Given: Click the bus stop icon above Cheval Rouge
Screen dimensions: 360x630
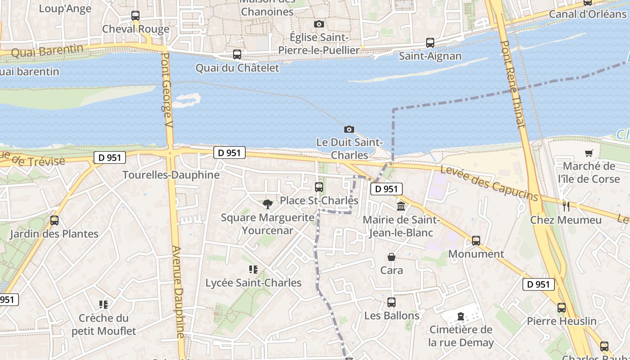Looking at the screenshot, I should [135, 16].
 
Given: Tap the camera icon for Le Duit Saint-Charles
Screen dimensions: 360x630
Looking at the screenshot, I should [349, 130].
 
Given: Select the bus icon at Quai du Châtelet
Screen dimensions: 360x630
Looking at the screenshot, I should [237, 54].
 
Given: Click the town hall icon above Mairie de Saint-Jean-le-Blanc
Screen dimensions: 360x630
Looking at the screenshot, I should [400, 207].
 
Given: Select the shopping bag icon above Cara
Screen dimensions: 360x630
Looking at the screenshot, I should [391, 257].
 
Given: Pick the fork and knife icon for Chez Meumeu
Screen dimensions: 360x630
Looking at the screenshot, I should [566, 207].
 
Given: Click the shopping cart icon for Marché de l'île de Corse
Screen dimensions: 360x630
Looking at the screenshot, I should [589, 153].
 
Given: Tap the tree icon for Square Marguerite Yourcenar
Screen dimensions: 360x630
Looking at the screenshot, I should [268, 204].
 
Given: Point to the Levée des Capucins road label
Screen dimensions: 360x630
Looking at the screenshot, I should [489, 183].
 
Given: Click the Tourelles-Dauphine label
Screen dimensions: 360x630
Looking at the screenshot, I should [171, 175].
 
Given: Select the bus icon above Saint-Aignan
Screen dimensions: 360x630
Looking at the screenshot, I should [430, 43].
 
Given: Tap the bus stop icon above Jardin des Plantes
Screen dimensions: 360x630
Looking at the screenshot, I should [54, 220].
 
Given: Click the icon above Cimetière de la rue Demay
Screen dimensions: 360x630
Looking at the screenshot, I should [461, 316].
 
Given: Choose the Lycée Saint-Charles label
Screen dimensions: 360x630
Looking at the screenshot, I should [253, 283].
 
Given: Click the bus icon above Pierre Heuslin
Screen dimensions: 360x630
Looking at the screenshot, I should [562, 308].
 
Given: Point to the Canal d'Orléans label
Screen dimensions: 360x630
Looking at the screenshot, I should [588, 14].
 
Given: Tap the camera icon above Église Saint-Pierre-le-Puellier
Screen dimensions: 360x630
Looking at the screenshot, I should [319, 24].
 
